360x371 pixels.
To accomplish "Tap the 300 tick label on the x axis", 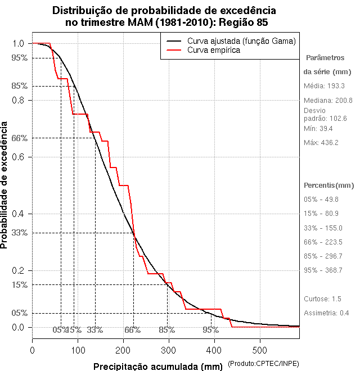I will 169,350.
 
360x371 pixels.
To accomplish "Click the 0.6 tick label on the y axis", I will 18,157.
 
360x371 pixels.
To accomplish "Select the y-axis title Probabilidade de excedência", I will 5,185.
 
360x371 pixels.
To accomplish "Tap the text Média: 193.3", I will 324,86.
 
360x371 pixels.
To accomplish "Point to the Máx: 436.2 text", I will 321,143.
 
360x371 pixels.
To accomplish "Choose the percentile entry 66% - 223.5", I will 323,242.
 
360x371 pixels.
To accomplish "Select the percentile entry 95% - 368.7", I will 323,270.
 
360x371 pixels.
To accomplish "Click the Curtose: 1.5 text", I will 322,298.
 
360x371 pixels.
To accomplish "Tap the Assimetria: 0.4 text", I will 326,313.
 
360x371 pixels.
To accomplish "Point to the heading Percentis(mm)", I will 328,185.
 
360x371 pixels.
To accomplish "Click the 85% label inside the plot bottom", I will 167,330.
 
